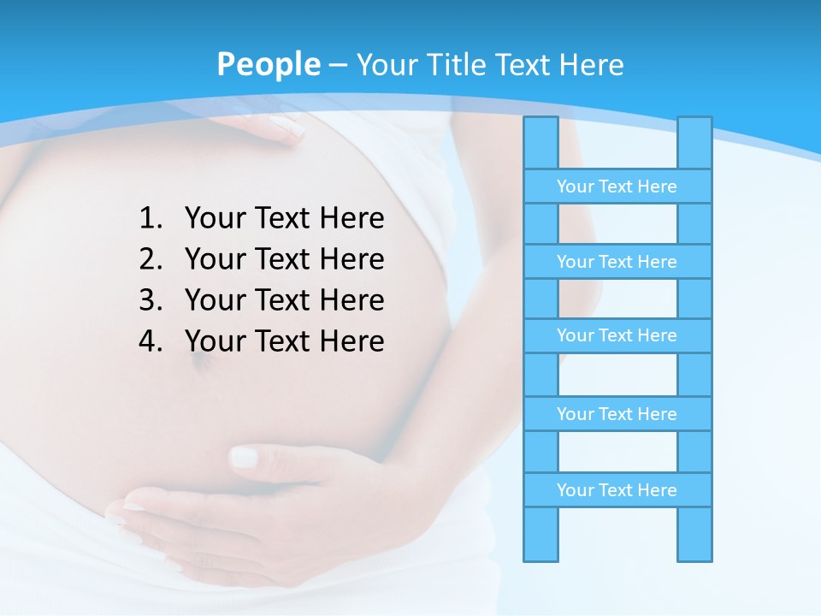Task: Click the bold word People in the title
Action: click(268, 64)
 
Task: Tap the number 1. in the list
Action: click(151, 219)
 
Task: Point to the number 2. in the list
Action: click(151, 259)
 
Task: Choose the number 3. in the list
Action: click(151, 300)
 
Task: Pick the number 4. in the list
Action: click(151, 341)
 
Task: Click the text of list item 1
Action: click(284, 219)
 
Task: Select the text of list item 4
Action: click(284, 341)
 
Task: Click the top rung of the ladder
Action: click(617, 187)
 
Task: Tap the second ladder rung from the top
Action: click(617, 262)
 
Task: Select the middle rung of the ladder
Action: click(617, 335)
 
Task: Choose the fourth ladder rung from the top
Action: click(617, 414)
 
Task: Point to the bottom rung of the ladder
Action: click(617, 490)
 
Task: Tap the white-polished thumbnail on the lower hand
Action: click(244, 458)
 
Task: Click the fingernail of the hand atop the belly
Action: click(287, 128)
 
